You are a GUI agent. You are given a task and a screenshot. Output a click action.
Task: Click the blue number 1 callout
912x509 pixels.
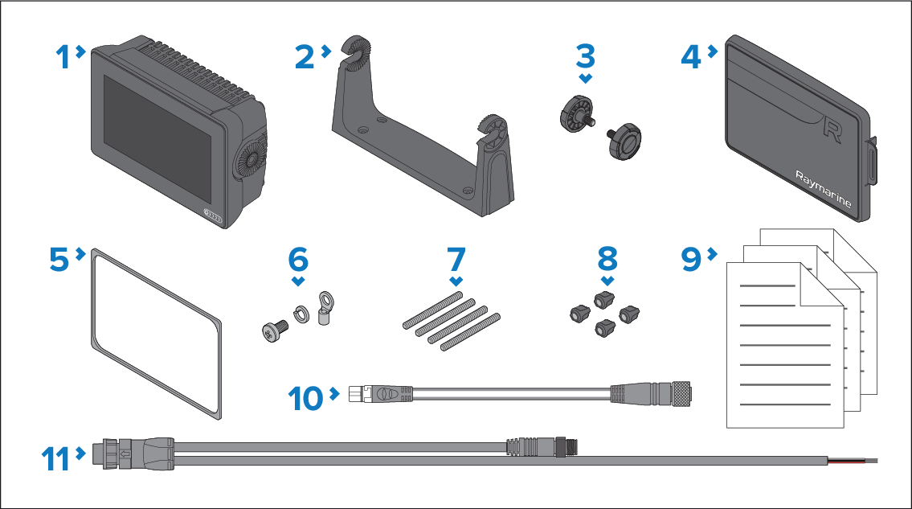click(63, 57)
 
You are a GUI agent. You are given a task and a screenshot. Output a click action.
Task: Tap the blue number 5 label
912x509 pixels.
click(59, 259)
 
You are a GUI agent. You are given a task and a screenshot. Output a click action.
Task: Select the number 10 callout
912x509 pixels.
click(305, 399)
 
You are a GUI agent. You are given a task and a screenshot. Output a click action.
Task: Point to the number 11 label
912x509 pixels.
click(55, 459)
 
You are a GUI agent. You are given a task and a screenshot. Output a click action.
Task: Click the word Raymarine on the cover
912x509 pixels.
click(823, 189)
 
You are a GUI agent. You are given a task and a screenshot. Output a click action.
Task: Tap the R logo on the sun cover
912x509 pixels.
click(832, 130)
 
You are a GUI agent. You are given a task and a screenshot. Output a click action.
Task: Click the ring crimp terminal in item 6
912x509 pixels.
click(325, 307)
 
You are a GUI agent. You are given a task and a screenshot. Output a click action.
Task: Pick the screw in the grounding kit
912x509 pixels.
click(275, 330)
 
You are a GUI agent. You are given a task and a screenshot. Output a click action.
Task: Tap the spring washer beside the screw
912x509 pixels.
click(301, 314)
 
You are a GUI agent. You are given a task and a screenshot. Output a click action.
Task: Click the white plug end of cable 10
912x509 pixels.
click(356, 394)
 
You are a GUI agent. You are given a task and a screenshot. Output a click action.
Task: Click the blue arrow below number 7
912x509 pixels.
click(456, 281)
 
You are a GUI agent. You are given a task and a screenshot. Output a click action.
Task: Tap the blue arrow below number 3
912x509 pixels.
click(586, 78)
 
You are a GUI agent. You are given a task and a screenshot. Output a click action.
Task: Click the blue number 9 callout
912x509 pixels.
click(692, 259)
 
